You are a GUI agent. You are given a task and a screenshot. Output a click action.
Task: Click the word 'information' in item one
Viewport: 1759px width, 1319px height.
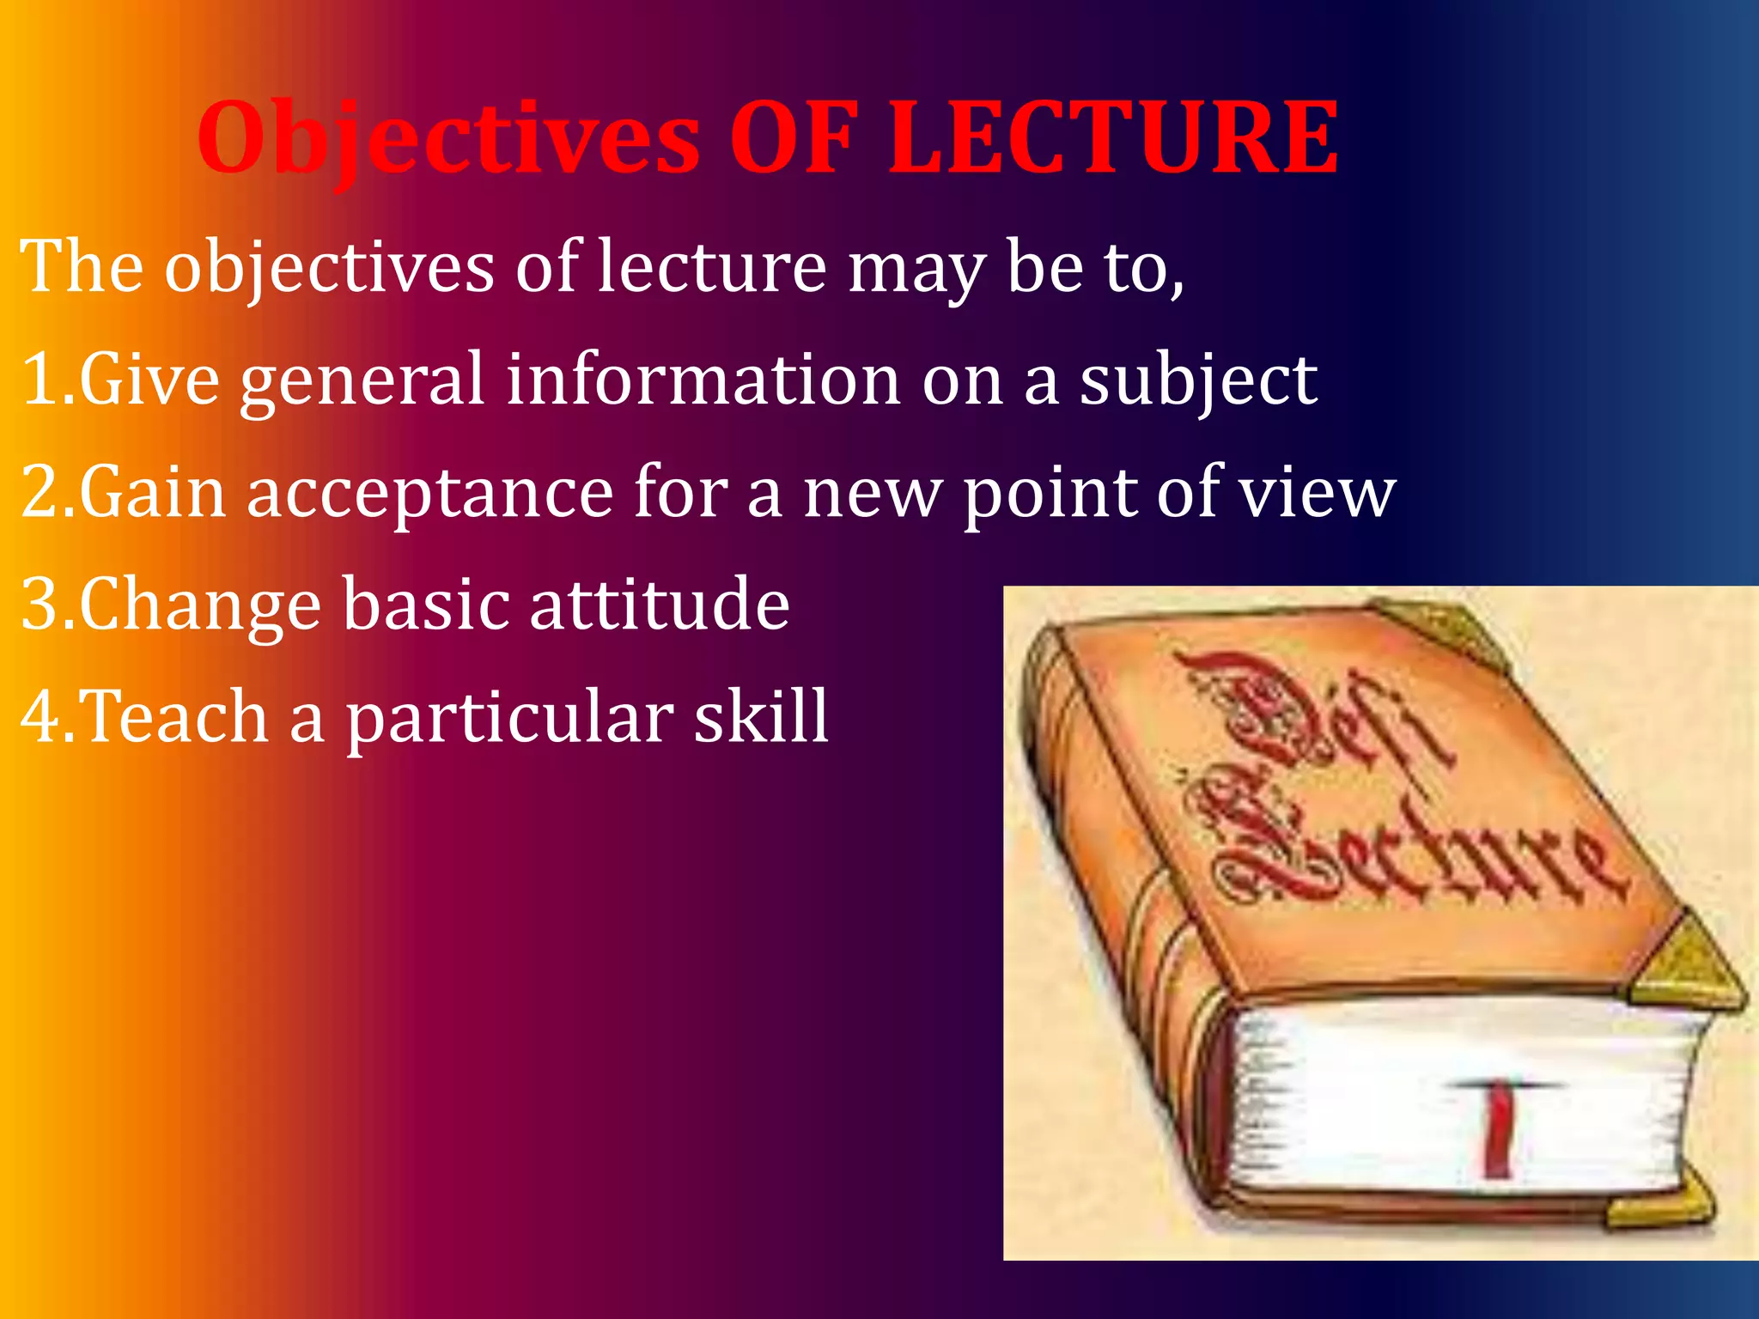(x=703, y=380)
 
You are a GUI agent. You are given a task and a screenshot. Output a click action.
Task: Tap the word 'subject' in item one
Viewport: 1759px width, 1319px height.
(x=1197, y=380)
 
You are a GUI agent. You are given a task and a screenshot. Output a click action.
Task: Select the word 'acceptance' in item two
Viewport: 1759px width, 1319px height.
(x=429, y=493)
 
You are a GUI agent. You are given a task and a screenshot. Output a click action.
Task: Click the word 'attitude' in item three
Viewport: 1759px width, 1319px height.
(x=659, y=605)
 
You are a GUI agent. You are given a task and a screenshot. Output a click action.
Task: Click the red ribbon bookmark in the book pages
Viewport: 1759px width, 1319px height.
(x=1499, y=1129)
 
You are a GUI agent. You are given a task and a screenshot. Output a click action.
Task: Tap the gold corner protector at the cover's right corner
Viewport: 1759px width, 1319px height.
(x=1688, y=966)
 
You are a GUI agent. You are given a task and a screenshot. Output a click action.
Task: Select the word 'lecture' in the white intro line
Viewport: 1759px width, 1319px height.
(x=711, y=268)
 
